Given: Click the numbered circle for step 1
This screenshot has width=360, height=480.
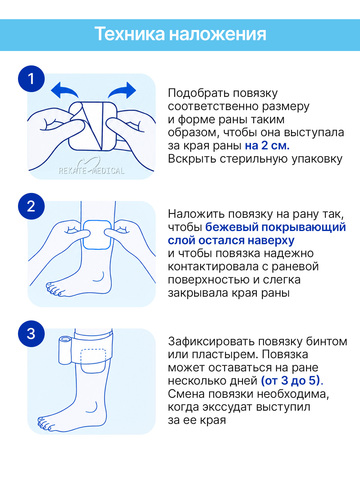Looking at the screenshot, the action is (31, 79).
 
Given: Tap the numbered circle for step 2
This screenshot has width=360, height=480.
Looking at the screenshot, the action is (31, 206).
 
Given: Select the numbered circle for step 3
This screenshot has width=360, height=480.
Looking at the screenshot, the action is (31, 334).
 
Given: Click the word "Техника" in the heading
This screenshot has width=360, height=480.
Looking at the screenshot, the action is (130, 34).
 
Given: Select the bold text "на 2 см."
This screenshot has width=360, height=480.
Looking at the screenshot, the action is (267, 146).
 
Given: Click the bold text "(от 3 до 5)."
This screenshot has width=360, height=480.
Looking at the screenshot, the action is (292, 381).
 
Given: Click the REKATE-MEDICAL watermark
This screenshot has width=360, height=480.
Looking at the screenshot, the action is (91, 169).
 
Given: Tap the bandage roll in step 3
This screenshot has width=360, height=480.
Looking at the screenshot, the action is (65, 351).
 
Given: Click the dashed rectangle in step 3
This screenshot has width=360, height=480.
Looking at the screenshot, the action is (93, 356).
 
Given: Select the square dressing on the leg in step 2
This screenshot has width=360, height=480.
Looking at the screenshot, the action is (97, 235).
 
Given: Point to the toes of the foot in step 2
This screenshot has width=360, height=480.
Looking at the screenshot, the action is (55, 289).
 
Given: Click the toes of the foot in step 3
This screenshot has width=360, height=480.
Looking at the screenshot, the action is (47, 423).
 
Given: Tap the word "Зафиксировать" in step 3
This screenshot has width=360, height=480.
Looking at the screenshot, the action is (211, 342).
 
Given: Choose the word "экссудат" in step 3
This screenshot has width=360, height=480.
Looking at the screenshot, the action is (230, 407).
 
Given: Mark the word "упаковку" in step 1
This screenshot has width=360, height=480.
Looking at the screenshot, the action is (317, 159).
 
